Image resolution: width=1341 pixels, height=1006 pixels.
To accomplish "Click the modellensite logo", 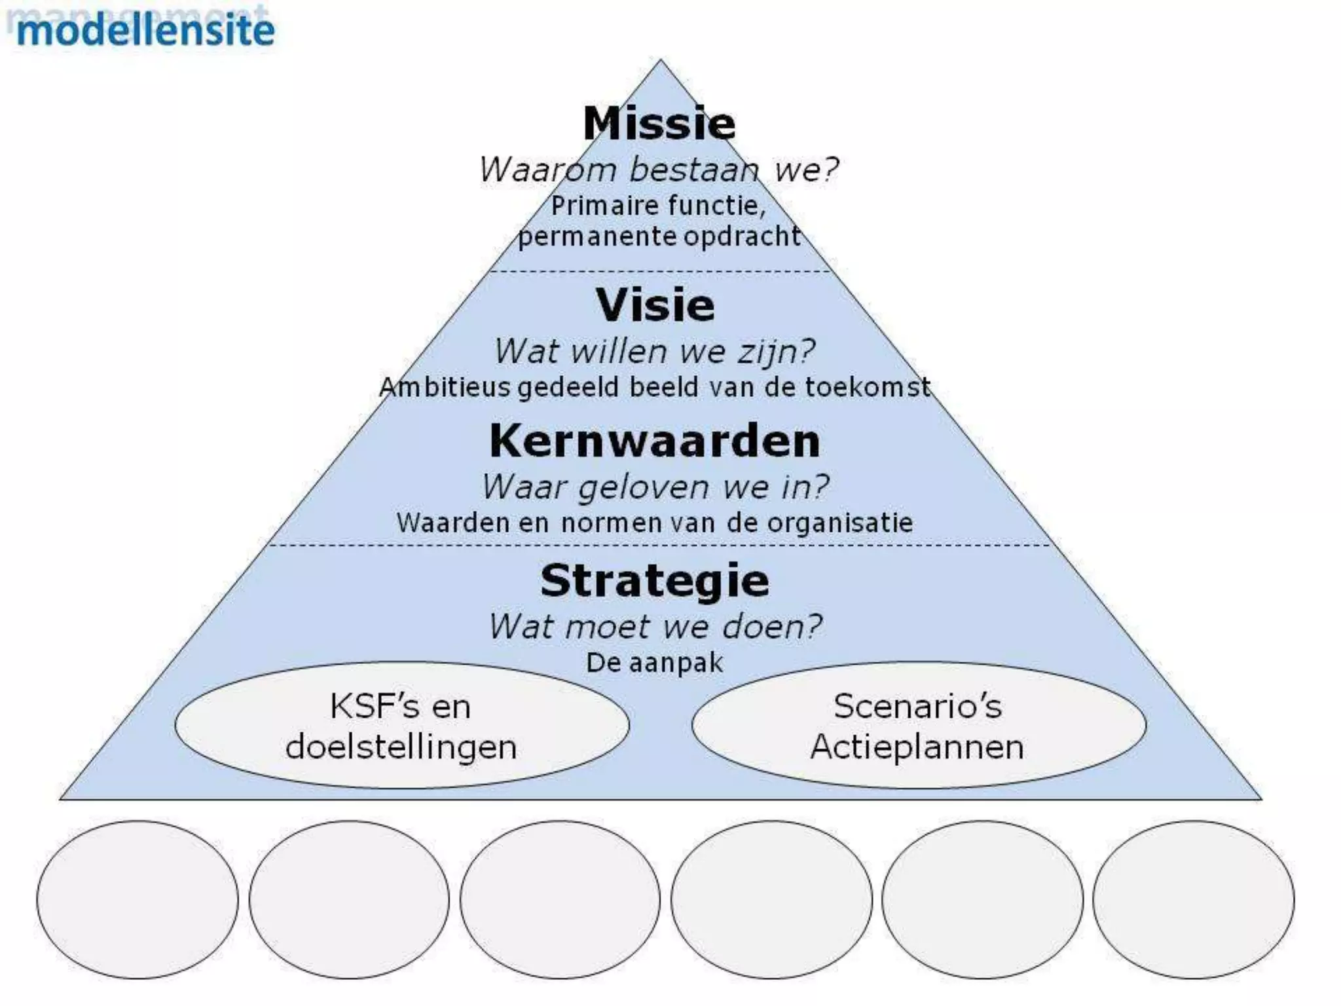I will [x=145, y=30].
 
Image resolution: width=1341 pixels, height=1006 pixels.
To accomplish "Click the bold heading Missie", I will [x=659, y=123].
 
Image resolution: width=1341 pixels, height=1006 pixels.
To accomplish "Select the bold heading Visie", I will [x=655, y=305].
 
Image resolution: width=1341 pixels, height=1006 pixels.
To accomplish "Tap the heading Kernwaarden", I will [x=655, y=441].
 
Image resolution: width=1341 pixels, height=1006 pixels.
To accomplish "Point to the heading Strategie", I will [x=655, y=580].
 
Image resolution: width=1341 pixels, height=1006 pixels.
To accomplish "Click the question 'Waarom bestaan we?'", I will [x=659, y=170].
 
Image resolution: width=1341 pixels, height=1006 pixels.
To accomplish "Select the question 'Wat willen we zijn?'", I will [x=655, y=351].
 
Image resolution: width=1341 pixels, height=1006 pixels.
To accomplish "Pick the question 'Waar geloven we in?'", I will [x=655, y=487].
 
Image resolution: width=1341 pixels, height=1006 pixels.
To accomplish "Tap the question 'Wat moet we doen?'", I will [x=655, y=627].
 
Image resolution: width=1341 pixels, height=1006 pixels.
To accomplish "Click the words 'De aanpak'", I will [x=655, y=663].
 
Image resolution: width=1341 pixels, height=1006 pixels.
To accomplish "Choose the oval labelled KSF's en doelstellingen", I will [x=401, y=726].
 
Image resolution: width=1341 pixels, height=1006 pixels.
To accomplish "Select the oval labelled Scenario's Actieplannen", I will [x=918, y=726].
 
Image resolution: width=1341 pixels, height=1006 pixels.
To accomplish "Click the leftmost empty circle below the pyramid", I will [x=138, y=899].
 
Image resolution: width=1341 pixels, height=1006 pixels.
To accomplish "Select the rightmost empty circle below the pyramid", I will [x=1193, y=899].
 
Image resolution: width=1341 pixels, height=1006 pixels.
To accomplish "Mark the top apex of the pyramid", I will [x=660, y=62].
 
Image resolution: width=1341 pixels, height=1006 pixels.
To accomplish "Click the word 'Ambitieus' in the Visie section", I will [x=445, y=387].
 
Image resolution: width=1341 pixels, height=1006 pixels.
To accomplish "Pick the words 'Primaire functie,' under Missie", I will [x=658, y=206].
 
